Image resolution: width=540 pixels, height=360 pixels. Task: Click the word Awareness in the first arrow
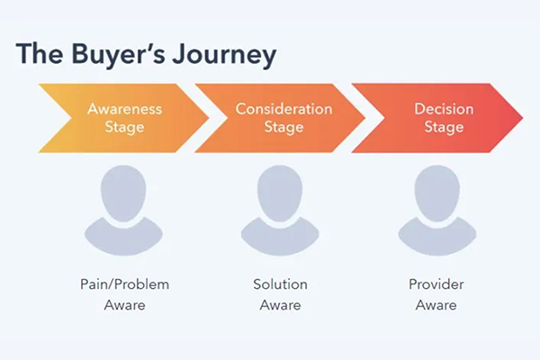[x=124, y=109]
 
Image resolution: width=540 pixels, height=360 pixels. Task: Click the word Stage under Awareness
[x=124, y=127]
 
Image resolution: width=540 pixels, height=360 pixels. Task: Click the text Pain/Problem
[x=124, y=284]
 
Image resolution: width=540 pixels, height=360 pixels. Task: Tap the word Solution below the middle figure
[x=280, y=284]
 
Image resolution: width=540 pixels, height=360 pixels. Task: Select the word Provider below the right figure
[x=436, y=284]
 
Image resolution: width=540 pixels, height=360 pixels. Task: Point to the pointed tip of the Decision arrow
[x=519, y=118]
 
